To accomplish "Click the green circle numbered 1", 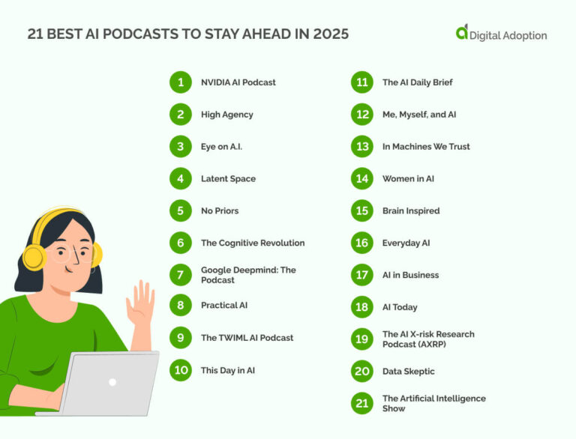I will tap(181, 82).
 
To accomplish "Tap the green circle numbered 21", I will tap(362, 404).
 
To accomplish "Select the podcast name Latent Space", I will tap(228, 179).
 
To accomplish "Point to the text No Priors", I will tap(220, 211).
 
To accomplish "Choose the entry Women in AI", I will tap(408, 179).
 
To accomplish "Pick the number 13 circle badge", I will tap(362, 147).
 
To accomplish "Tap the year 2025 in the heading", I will tap(331, 34).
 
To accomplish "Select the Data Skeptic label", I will tap(408, 372).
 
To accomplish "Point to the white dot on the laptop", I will tap(112, 382).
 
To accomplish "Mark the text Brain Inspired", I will tap(411, 211).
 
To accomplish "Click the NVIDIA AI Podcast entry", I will tap(238, 82).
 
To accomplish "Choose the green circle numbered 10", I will tap(181, 370).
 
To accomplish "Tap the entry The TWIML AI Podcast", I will tap(247, 338).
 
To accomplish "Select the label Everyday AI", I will tap(406, 243).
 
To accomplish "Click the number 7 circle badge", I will tap(181, 275).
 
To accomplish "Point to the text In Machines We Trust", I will tap(426, 147).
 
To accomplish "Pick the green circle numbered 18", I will tap(362, 307).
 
